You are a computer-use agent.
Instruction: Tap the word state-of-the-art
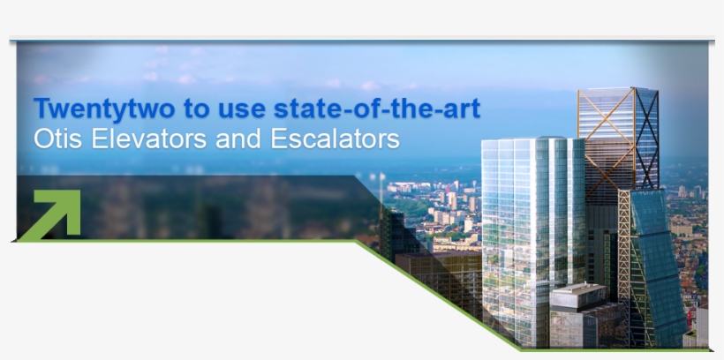tap(377, 109)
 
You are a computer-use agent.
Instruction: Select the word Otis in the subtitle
tap(55, 139)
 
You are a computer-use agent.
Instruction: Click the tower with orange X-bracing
tap(618, 141)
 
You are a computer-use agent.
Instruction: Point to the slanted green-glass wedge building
tap(658, 265)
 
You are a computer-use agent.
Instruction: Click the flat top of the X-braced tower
tap(618, 89)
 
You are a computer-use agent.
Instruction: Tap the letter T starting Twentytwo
tap(41, 109)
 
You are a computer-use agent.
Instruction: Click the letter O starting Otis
tap(42, 139)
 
